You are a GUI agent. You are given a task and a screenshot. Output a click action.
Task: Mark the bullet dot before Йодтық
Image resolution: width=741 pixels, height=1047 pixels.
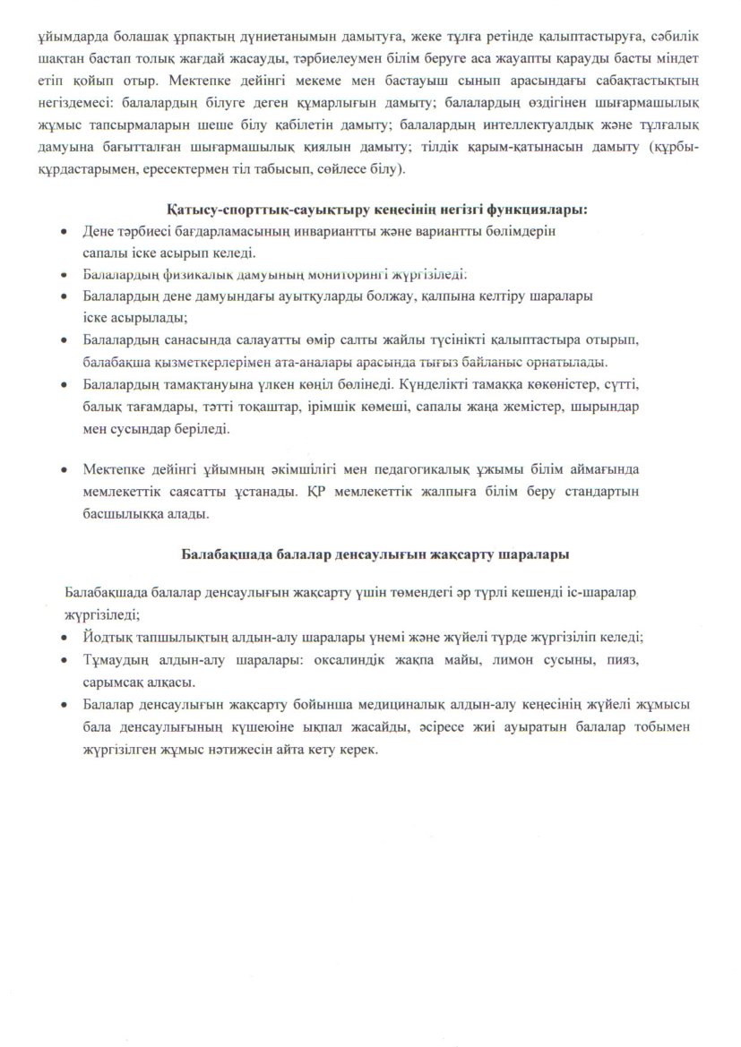click(62, 637)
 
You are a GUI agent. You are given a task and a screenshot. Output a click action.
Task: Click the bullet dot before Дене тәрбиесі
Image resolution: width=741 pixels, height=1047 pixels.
click(62, 231)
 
